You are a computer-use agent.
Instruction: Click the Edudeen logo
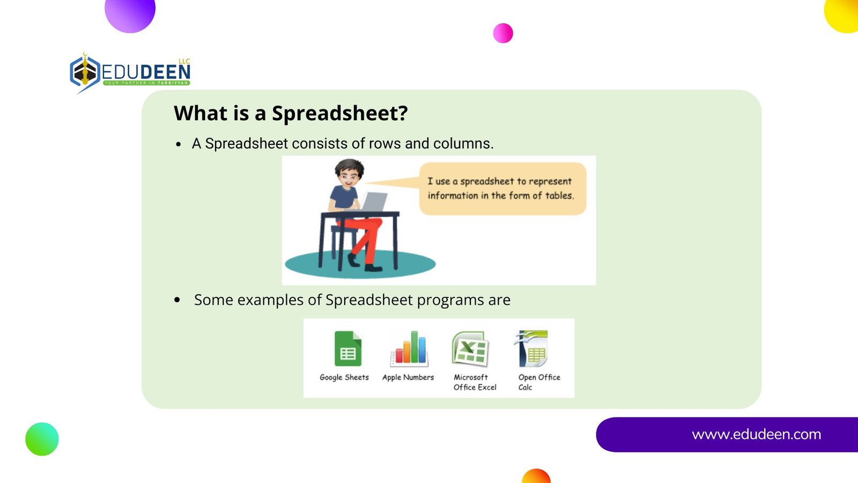[130, 73]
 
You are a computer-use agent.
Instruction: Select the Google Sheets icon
[348, 348]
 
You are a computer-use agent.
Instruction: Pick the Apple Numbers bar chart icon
[409, 348]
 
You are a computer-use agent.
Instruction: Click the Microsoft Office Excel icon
[470, 348]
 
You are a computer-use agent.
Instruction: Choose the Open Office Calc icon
[532, 348]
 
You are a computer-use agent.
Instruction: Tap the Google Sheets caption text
[344, 378]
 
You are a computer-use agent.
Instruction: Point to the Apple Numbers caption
[408, 378]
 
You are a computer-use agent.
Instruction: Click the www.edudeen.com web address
[756, 434]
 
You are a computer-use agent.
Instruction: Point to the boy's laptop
[373, 202]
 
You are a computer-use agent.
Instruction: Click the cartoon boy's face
[349, 178]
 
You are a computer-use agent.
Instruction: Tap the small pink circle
[503, 33]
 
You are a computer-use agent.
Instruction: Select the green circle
[42, 439]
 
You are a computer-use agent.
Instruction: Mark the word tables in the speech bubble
[559, 195]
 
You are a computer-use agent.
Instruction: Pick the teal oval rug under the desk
[360, 264]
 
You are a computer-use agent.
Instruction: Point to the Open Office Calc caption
[539, 382]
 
